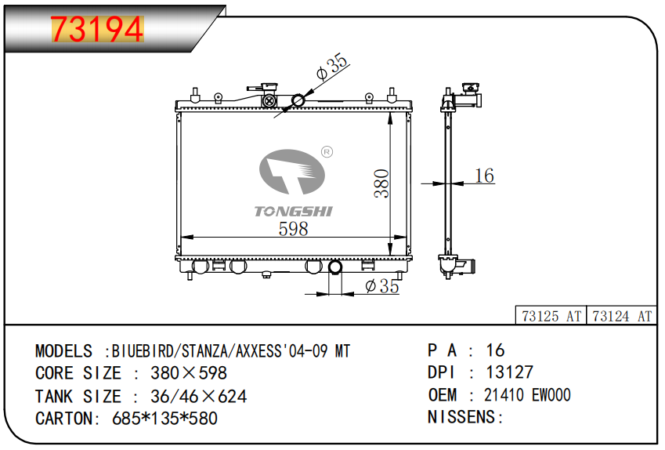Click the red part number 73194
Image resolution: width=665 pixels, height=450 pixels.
coord(97,29)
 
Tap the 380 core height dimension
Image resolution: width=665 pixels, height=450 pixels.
coord(381,183)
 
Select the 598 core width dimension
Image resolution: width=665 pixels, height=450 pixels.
coord(293,229)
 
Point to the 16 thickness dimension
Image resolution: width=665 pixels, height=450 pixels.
coord(484,176)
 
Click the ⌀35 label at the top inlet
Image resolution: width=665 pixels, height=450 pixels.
coord(332,67)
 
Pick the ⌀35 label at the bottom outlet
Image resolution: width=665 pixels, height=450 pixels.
coord(382,286)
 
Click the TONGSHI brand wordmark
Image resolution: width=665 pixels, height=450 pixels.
coord(294,211)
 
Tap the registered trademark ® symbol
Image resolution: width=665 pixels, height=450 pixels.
coord(327,151)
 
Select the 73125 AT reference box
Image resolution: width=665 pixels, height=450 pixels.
coord(551,316)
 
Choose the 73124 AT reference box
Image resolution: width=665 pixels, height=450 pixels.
coord(621,316)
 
